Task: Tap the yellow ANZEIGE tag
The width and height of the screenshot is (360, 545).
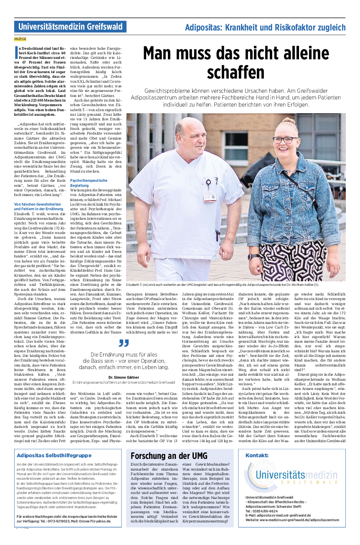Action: pyautogui.click(x=20, y=39)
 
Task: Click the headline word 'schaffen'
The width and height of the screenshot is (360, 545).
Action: pyautogui.click(x=236, y=72)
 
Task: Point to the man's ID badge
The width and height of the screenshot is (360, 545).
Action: pyautogui.click(x=209, y=197)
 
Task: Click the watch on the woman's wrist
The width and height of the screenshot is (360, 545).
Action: pyautogui.click(x=253, y=257)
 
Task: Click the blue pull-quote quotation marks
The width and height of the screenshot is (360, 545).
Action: pyautogui.click(x=124, y=344)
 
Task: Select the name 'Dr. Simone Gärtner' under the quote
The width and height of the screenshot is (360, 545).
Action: pyautogui.click(x=124, y=377)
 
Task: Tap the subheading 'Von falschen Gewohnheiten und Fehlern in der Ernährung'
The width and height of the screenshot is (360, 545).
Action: pyautogui.click(x=38, y=206)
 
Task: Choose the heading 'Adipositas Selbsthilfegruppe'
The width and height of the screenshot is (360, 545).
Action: pyautogui.click(x=53, y=456)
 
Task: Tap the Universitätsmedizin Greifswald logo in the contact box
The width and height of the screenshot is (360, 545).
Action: pyautogui.click(x=291, y=476)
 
